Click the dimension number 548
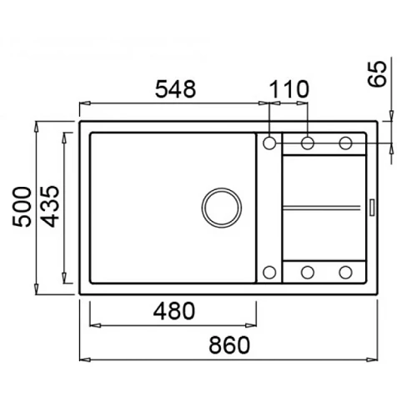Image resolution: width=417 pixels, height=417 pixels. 175,89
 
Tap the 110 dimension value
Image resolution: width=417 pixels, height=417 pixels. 289,89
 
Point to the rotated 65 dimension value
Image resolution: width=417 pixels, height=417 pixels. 377,74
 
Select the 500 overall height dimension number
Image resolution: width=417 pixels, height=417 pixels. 22,207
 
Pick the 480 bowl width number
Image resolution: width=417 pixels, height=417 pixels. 174,311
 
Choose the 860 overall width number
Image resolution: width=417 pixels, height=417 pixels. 229,345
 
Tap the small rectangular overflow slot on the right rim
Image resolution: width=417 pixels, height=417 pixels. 371,207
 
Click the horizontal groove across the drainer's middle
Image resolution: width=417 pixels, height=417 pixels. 321,207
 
